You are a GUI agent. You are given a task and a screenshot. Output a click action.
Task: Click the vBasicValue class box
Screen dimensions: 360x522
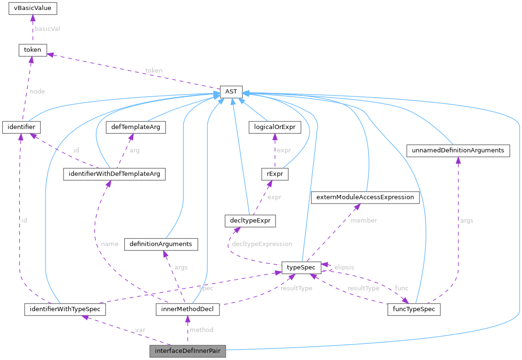pos(33,8)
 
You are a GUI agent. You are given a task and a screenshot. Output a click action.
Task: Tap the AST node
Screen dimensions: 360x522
pos(231,91)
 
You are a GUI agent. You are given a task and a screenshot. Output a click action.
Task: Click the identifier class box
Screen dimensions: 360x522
pos(21,127)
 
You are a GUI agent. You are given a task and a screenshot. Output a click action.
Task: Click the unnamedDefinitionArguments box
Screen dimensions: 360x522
pos(458,151)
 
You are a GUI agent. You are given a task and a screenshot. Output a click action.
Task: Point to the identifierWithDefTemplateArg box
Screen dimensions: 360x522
pos(114,174)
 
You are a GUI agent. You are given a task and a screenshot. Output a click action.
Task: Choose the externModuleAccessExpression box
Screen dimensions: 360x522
pos(365,197)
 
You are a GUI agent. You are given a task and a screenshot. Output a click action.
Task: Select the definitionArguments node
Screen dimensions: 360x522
pos(161,244)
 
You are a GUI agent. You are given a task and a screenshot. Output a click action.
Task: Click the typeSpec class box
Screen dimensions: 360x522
pos(302,268)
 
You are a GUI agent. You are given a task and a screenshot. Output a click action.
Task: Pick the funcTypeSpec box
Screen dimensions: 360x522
pos(414,309)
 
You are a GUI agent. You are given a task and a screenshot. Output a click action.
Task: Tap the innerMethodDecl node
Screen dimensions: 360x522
pos(188,309)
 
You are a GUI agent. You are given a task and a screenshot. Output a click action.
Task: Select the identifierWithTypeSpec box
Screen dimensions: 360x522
pos(65,309)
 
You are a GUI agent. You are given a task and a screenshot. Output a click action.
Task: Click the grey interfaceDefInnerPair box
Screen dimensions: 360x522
pos(187,351)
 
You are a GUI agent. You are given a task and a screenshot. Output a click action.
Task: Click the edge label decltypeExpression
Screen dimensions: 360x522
pos(262,244)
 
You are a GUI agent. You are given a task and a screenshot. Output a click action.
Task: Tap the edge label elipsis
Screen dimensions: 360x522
pos(344,267)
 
